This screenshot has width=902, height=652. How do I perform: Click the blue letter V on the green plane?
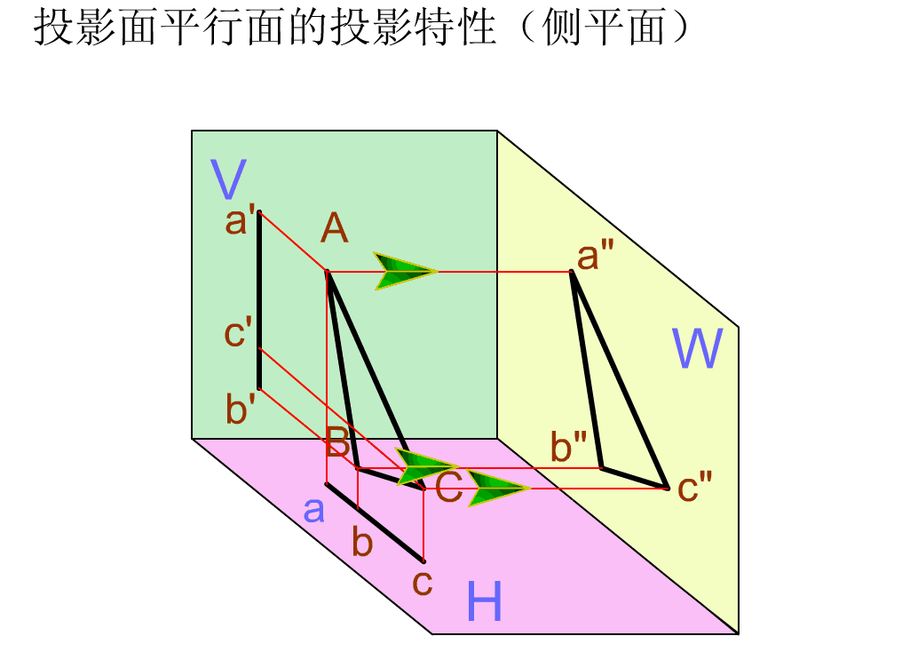tap(229, 179)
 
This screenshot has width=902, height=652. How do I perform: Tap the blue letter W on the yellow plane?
tap(697, 349)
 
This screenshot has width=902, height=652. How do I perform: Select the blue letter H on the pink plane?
tap(485, 603)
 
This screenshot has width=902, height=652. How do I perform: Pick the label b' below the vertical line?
tap(241, 411)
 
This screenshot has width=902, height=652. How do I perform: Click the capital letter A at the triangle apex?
tap(335, 230)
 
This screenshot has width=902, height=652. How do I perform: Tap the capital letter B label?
tap(337, 441)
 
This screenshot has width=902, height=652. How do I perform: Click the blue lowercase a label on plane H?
tap(313, 511)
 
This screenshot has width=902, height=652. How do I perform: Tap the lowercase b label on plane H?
tap(362, 541)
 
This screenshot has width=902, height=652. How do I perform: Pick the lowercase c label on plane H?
tap(423, 583)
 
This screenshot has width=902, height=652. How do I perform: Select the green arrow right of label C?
tap(497, 489)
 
